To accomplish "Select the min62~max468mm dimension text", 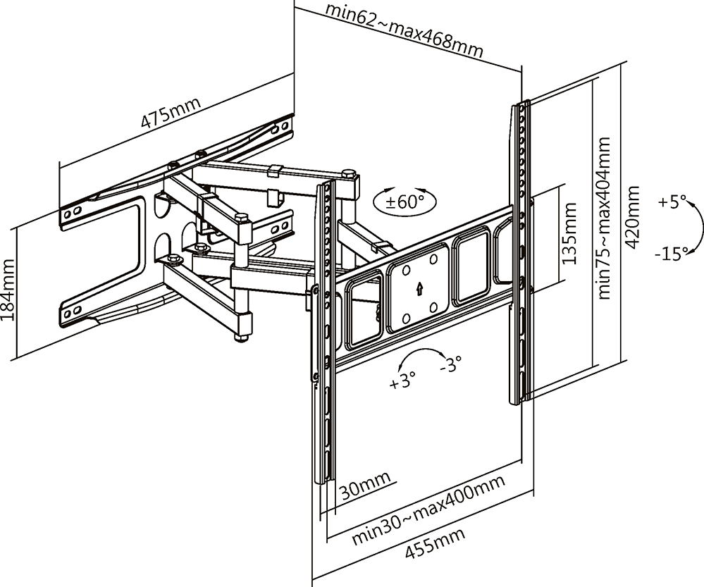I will pos(405,32).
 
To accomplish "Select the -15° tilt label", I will pos(670,254).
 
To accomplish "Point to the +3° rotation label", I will pos(402,383).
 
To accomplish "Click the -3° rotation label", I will pos(450,364).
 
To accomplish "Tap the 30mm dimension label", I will pos(365,488).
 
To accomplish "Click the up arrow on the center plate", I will pos(419,288).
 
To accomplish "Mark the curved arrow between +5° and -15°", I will pos(698,227).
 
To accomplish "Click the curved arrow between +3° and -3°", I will pos(421,357).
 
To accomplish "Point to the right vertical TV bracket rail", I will pos(522,254).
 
